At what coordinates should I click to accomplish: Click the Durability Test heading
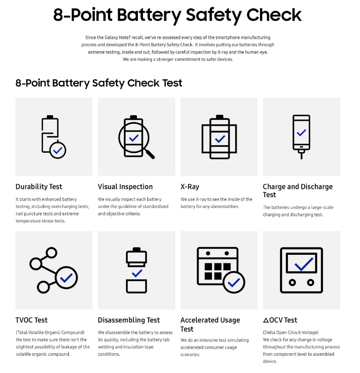pos(39,187)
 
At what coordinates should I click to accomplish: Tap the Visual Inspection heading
pos(125,187)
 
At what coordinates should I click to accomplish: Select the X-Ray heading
pos(190,187)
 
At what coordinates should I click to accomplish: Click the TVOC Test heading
pos(31,320)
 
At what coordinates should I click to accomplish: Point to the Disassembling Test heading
pos(129,320)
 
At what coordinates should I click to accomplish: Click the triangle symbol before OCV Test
pos(266,320)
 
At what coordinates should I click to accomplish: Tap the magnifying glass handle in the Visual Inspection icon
pos(150,154)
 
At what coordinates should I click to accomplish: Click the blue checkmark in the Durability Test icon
pos(58,150)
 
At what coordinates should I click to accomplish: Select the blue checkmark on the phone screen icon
pos(301,132)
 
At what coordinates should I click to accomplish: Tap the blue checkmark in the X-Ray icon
pos(220,139)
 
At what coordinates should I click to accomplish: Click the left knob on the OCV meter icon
pos(292,283)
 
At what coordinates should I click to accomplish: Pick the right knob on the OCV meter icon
pos(310,283)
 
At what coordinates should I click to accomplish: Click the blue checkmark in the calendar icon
pos(234,282)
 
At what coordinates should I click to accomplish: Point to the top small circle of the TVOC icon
pos(51,253)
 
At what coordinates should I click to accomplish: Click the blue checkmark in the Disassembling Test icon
pos(137,273)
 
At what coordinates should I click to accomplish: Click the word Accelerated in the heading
pos(210,320)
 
